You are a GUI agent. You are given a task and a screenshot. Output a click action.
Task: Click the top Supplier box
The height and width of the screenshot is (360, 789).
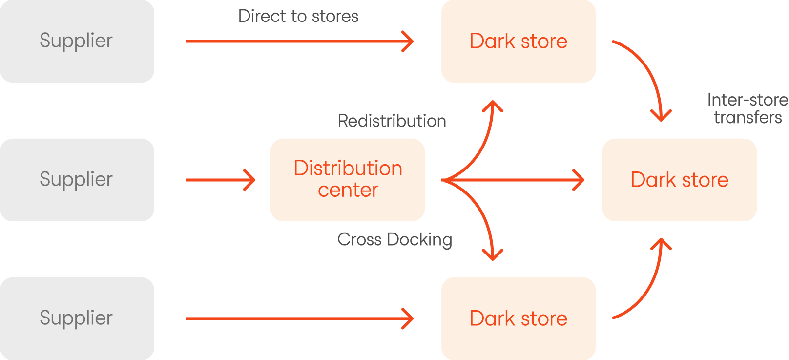tap(77, 41)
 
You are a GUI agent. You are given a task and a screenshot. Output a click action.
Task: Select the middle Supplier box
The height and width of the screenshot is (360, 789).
tap(77, 179)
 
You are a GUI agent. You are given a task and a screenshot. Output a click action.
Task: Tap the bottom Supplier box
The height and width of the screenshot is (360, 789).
tap(77, 318)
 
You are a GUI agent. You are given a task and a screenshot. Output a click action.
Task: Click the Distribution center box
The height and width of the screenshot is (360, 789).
tap(348, 179)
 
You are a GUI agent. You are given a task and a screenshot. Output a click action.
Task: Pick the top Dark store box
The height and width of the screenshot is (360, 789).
tap(518, 41)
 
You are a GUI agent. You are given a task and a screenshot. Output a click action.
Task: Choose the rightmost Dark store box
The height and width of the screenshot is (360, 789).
tap(679, 179)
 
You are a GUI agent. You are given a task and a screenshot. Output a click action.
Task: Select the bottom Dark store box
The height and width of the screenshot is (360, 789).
tap(518, 318)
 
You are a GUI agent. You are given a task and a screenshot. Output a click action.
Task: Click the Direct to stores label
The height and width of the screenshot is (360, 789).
tap(298, 16)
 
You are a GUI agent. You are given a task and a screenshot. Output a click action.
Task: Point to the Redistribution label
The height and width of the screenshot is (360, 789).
tap(392, 121)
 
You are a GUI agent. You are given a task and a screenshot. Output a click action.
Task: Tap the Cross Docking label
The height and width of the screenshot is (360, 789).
tap(394, 239)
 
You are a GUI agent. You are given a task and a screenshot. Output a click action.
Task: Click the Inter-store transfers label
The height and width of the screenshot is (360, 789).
tap(747, 108)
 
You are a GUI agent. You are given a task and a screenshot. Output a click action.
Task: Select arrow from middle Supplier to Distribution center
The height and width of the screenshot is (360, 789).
tap(220, 180)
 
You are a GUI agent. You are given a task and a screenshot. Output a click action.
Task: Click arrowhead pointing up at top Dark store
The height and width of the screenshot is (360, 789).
tap(493, 105)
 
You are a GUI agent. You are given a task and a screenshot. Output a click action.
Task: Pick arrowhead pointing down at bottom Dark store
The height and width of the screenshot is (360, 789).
tap(493, 255)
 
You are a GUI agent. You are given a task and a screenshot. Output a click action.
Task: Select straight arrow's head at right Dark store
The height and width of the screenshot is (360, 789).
tap(580, 180)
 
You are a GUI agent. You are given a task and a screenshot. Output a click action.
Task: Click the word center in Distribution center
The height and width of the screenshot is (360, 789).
tap(348, 190)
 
